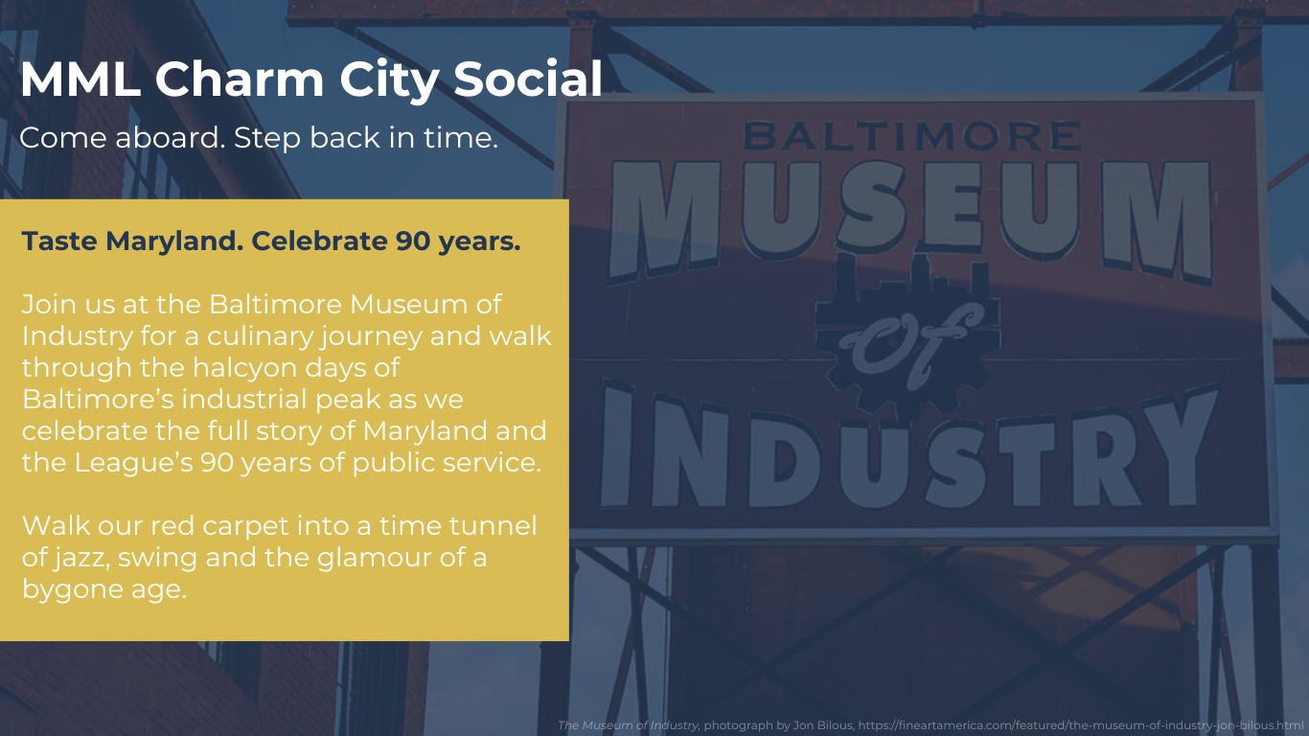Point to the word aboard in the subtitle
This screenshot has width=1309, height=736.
pos(170,137)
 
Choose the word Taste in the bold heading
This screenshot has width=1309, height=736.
pos(59,241)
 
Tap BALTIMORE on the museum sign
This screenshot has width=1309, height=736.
pos(912,136)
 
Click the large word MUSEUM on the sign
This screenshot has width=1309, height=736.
pos(911,217)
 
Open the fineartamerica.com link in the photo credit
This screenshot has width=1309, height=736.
pos(1081,725)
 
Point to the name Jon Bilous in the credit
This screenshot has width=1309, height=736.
pos(823,725)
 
